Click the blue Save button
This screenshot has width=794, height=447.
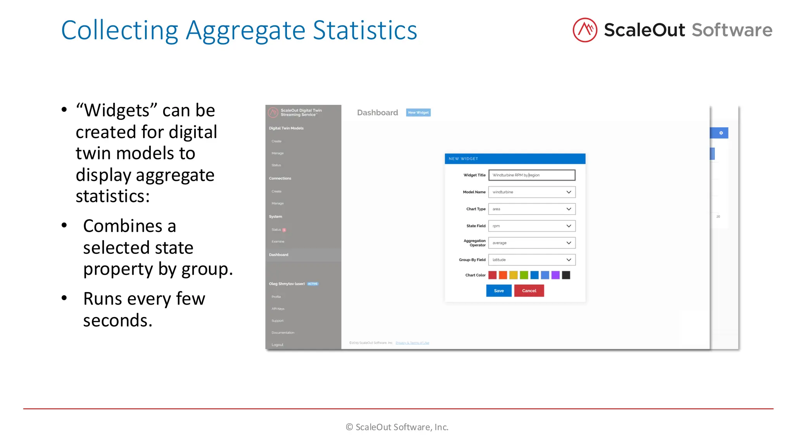499,291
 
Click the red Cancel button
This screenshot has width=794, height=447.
529,291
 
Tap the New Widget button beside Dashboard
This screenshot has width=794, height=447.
418,113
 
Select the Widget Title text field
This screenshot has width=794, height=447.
532,175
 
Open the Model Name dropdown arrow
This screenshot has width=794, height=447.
568,192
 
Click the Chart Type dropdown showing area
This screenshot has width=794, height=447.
532,209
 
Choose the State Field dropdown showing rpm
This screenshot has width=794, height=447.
532,226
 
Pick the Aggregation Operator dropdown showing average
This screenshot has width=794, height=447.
532,243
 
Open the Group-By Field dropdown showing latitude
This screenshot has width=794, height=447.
532,260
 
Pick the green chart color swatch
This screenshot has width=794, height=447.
524,275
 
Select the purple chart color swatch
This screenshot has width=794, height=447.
556,275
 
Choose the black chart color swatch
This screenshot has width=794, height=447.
566,275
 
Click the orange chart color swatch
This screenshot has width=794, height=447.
503,275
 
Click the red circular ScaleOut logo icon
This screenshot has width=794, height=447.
585,30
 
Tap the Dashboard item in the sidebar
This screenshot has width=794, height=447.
279,255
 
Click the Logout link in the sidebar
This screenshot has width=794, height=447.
278,345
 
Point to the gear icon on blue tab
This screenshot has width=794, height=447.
721,133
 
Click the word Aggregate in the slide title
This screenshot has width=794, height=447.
245,31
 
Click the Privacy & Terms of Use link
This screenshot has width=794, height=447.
412,343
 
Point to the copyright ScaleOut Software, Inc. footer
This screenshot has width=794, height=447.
397,427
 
